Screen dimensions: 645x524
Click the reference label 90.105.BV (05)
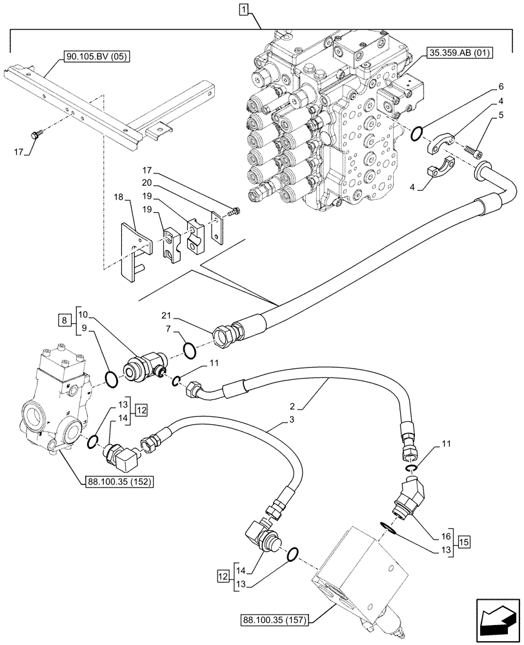(x=97, y=57)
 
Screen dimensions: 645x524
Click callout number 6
(x=500, y=86)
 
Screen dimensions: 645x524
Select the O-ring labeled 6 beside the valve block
(x=418, y=134)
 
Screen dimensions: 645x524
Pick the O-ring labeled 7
(x=190, y=349)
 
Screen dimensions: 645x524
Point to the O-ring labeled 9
(x=111, y=379)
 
